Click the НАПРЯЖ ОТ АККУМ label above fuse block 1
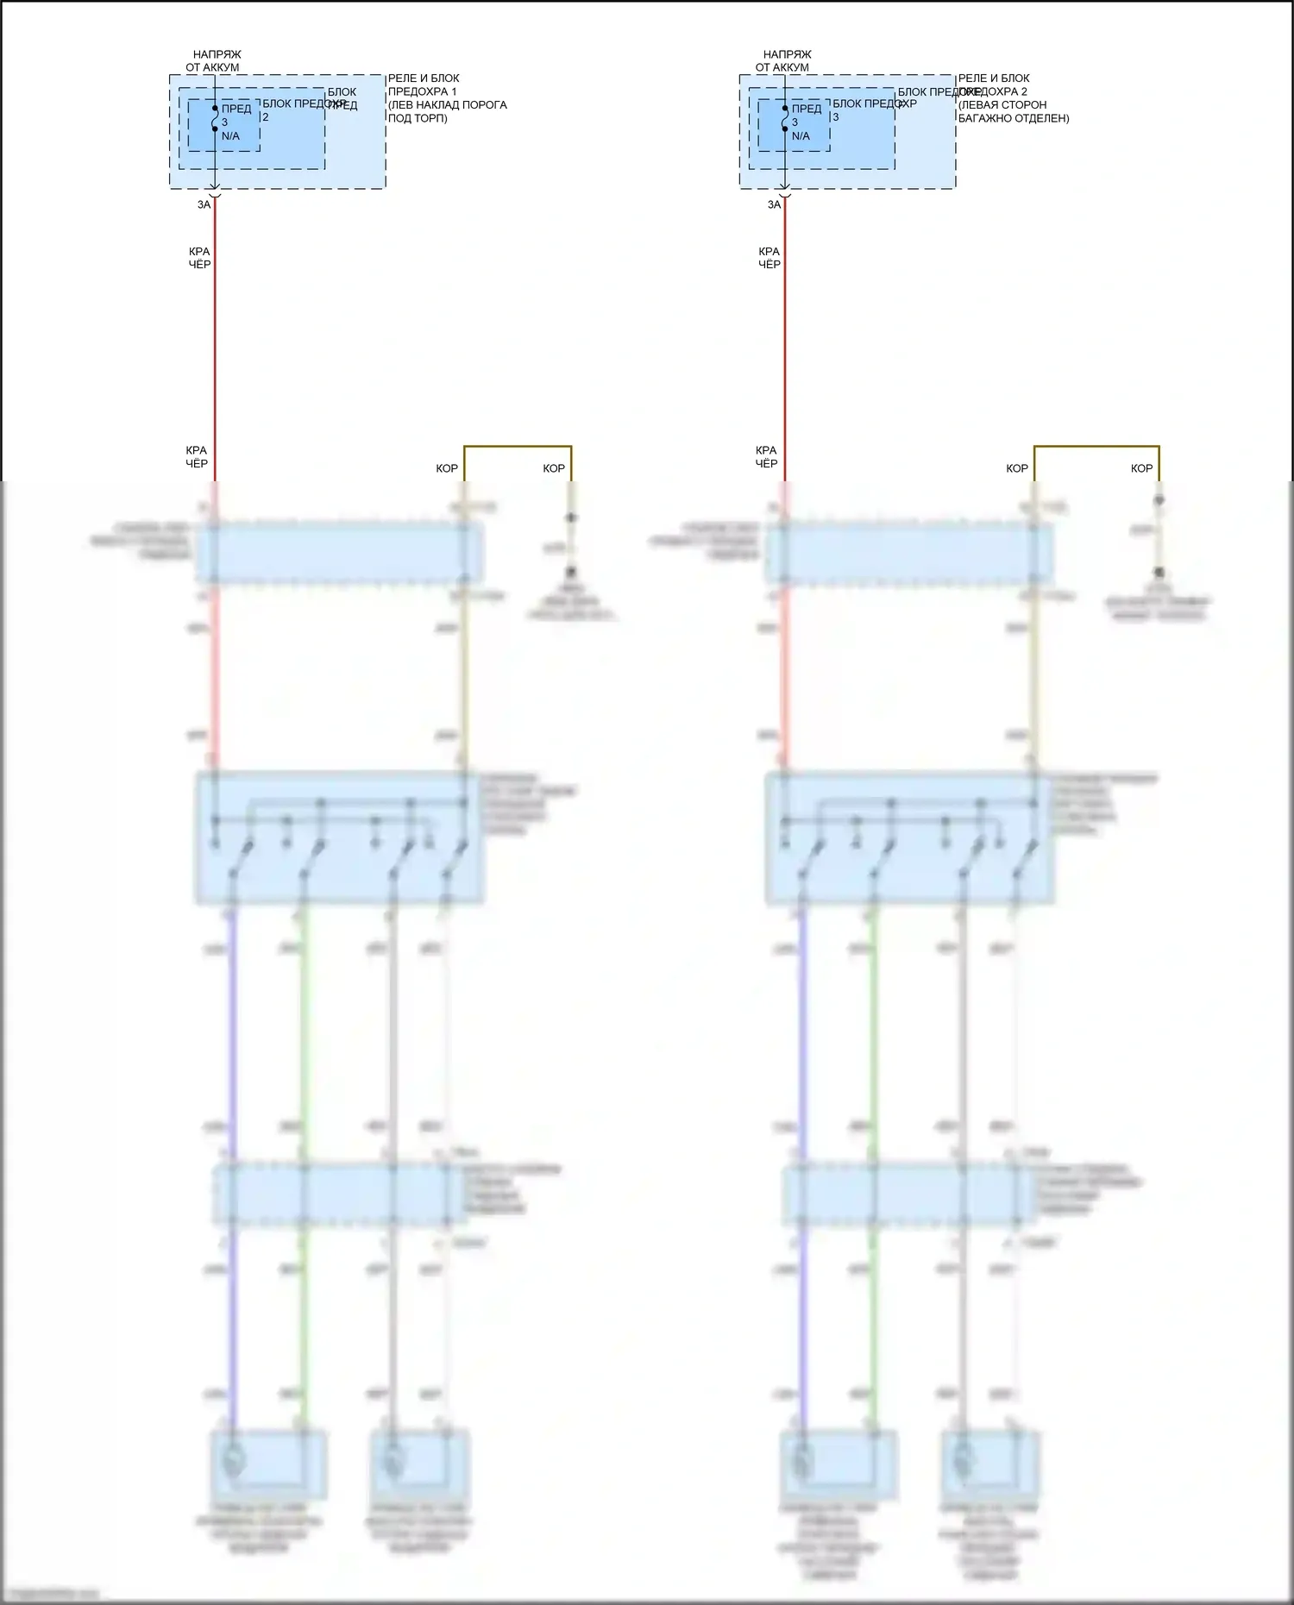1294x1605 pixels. (x=214, y=60)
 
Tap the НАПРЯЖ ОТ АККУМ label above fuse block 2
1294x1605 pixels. (x=784, y=60)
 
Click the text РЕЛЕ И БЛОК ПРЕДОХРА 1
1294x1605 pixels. (x=424, y=85)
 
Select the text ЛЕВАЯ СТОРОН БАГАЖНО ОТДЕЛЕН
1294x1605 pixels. (x=1013, y=111)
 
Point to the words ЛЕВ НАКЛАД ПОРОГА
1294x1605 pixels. (x=448, y=105)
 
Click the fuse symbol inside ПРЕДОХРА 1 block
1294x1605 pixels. (x=215, y=119)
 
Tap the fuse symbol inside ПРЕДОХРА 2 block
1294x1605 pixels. (x=785, y=119)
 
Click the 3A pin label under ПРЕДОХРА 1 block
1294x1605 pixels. (x=204, y=205)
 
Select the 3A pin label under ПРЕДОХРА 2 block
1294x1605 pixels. (x=774, y=205)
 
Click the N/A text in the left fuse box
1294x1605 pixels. (x=230, y=136)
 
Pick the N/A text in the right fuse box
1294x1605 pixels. (x=801, y=136)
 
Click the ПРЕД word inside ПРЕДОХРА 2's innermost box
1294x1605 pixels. (x=807, y=109)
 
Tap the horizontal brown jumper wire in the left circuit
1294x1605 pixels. (x=518, y=447)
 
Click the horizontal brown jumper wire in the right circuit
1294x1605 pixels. (x=1096, y=447)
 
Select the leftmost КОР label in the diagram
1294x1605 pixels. (x=447, y=468)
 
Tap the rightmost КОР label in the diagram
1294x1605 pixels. (x=1141, y=468)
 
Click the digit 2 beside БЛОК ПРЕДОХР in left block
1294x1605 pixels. (x=266, y=117)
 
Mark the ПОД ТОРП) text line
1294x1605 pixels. (x=418, y=118)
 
